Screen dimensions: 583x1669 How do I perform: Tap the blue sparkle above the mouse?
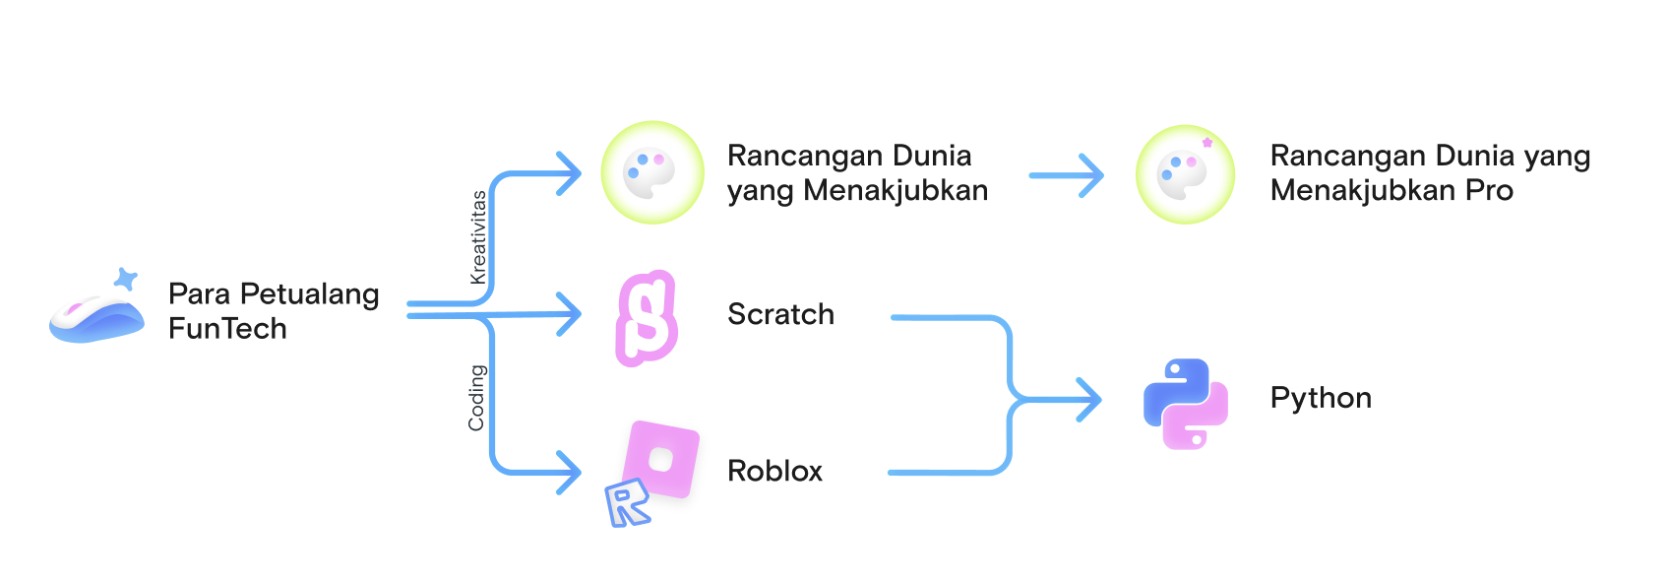click(x=125, y=279)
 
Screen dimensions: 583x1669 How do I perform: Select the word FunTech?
click(x=227, y=329)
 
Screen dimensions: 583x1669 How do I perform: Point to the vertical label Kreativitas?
click(x=478, y=237)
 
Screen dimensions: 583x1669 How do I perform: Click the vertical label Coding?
click(x=476, y=398)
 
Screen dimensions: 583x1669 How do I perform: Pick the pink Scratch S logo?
click(x=647, y=318)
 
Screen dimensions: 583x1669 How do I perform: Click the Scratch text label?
click(x=780, y=314)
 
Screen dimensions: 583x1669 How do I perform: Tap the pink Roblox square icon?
click(x=662, y=458)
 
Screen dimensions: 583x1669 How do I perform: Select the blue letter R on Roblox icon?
click(x=627, y=503)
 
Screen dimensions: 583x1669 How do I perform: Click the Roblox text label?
click(x=774, y=471)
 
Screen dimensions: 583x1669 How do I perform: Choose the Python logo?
click(x=1185, y=404)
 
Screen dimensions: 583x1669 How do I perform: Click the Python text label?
click(x=1321, y=398)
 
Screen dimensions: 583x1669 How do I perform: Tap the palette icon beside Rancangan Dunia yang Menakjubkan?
click(x=651, y=172)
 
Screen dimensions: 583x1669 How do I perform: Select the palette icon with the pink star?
click(x=1185, y=174)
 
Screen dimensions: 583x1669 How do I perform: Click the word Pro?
click(x=1489, y=190)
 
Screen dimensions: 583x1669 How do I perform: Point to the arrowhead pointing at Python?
click(x=1089, y=400)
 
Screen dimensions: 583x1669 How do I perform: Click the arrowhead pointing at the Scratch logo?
click(x=570, y=314)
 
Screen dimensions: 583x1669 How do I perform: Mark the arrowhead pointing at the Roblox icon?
click(x=570, y=473)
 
